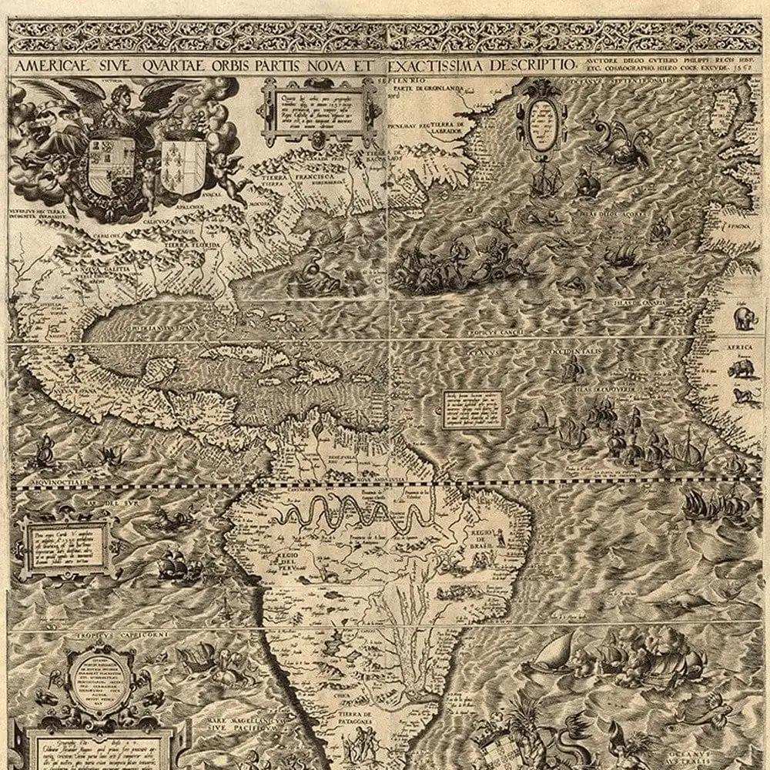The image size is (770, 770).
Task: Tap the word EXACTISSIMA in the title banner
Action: point(435,65)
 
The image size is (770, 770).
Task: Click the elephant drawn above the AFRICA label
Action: point(745,316)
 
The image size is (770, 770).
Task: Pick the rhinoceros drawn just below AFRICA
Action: point(742,371)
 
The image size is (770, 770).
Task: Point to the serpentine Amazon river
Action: point(346,512)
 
